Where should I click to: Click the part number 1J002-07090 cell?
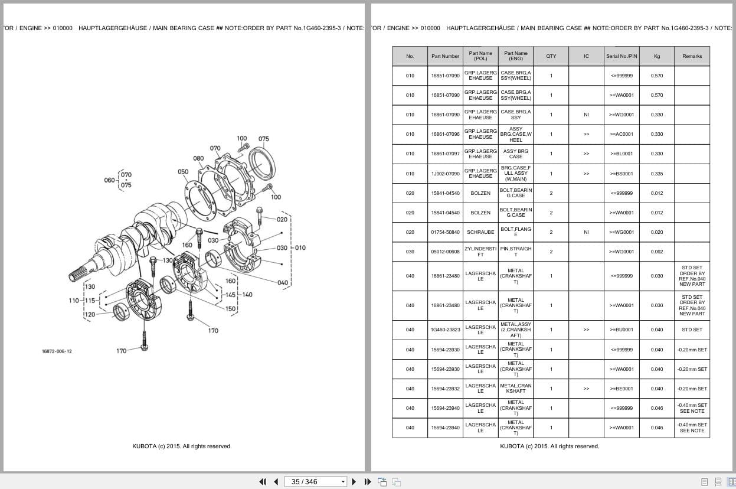pyautogui.click(x=445, y=174)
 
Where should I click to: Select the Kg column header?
pyautogui.click(x=657, y=56)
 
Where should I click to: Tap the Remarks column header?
pyautogui.click(x=692, y=56)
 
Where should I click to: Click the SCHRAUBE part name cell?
pyautogui.click(x=480, y=232)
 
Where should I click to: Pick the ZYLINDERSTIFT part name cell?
pyautogui.click(x=480, y=252)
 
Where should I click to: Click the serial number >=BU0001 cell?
pyautogui.click(x=621, y=330)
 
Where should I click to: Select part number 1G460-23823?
pyautogui.click(x=445, y=330)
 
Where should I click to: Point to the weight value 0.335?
pyautogui.click(x=657, y=174)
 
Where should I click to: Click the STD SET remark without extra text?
pyautogui.click(x=692, y=330)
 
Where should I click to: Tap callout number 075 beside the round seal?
pyautogui.click(x=263, y=139)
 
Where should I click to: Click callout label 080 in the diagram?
pyautogui.click(x=198, y=158)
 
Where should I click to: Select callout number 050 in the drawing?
pyautogui.click(x=183, y=172)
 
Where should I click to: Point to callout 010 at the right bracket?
pyautogui.click(x=300, y=247)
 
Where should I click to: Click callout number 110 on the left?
pyautogui.click(x=73, y=301)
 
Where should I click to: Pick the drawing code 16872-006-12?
pyautogui.click(x=57, y=351)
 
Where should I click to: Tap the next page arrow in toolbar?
pyautogui.click(x=354, y=481)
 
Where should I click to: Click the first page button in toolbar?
pyautogui.click(x=262, y=481)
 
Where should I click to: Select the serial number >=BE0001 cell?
pyautogui.click(x=621, y=389)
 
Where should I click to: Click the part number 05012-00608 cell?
pyautogui.click(x=445, y=252)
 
